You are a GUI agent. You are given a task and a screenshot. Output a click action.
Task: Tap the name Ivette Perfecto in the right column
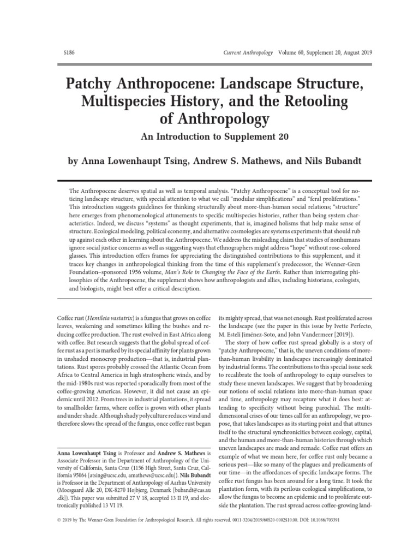pos(350,327)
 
